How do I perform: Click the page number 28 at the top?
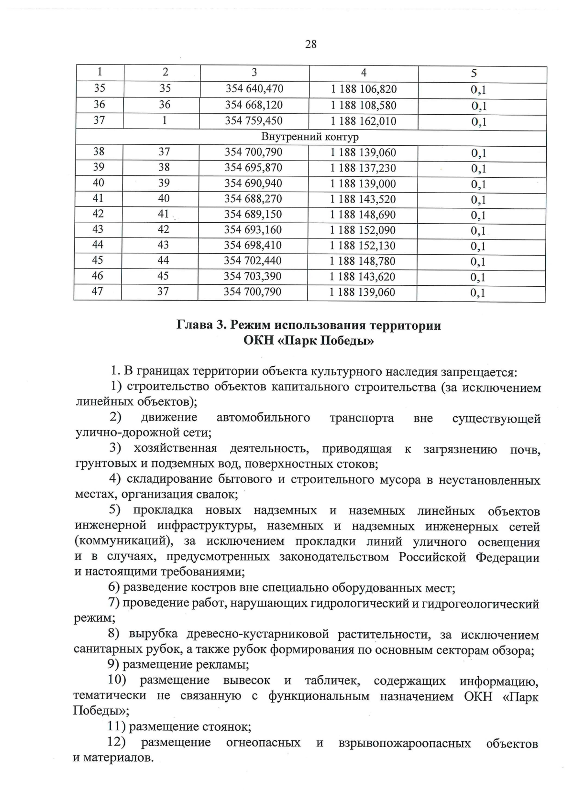click(310, 44)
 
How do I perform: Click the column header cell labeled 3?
click(254, 73)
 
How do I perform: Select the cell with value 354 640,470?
click(254, 89)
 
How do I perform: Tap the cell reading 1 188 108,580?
click(364, 105)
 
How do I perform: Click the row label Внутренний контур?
click(310, 137)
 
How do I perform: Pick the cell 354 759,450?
click(254, 121)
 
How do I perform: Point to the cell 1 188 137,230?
click(363, 168)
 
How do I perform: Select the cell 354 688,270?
click(253, 199)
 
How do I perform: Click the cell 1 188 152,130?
click(363, 246)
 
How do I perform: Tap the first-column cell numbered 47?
click(98, 291)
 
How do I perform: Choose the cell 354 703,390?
click(253, 276)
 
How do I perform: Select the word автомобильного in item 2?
click(263, 418)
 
